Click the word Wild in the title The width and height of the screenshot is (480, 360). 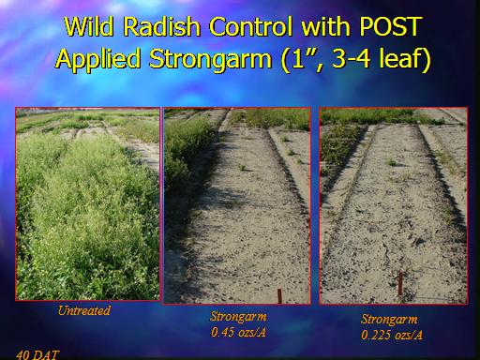coord(89,26)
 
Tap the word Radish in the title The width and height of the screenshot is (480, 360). coord(161,26)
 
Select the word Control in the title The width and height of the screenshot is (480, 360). coord(251,26)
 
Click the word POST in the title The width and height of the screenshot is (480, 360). coord(391,26)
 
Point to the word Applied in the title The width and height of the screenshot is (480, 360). coord(97,59)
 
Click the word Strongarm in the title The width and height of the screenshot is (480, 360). coord(211,60)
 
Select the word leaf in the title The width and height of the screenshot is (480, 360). coord(401,59)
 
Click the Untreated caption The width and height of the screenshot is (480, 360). coord(84,310)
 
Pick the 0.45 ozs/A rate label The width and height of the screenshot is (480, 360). coord(238,332)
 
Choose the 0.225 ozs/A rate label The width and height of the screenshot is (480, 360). coord(392,335)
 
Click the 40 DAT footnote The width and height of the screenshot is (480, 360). coord(37,355)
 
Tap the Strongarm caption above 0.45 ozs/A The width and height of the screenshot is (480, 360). coord(238,317)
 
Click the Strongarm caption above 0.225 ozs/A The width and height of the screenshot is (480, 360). coord(389,320)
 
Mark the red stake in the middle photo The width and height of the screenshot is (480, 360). coord(279,296)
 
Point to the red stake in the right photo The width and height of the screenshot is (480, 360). coord(400,284)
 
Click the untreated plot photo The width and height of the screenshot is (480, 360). coord(87,204)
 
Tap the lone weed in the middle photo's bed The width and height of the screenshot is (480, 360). coord(242,168)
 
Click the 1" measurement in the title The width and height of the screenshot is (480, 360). coord(300,59)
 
